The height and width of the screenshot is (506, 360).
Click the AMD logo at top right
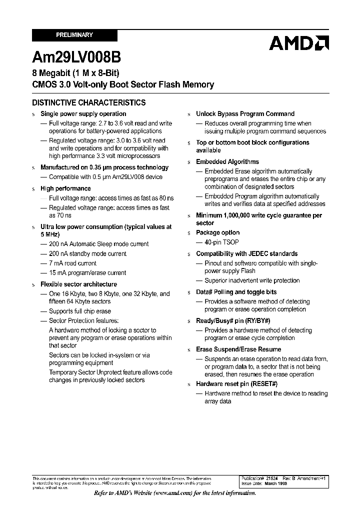tap(298, 43)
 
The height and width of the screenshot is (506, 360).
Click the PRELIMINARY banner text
tap(74, 35)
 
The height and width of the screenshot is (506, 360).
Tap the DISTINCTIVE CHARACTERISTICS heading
tap(88, 102)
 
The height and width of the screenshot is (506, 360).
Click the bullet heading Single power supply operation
tap(83, 114)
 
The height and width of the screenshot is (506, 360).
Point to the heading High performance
tap(65, 188)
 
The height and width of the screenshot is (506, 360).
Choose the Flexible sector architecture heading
tap(78, 284)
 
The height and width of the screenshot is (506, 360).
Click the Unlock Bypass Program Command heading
tap(245, 114)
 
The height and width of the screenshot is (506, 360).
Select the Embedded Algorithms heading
tap(227, 162)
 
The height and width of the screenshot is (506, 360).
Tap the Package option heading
tap(217, 232)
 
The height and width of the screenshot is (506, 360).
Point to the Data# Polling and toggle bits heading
tap(236, 292)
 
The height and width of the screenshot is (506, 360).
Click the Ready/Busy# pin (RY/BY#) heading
tap(233, 321)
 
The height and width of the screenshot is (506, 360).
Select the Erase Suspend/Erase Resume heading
tap(238, 349)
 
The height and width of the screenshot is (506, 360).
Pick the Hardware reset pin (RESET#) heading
tap(236, 384)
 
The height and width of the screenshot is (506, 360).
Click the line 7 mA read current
tap(72, 263)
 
